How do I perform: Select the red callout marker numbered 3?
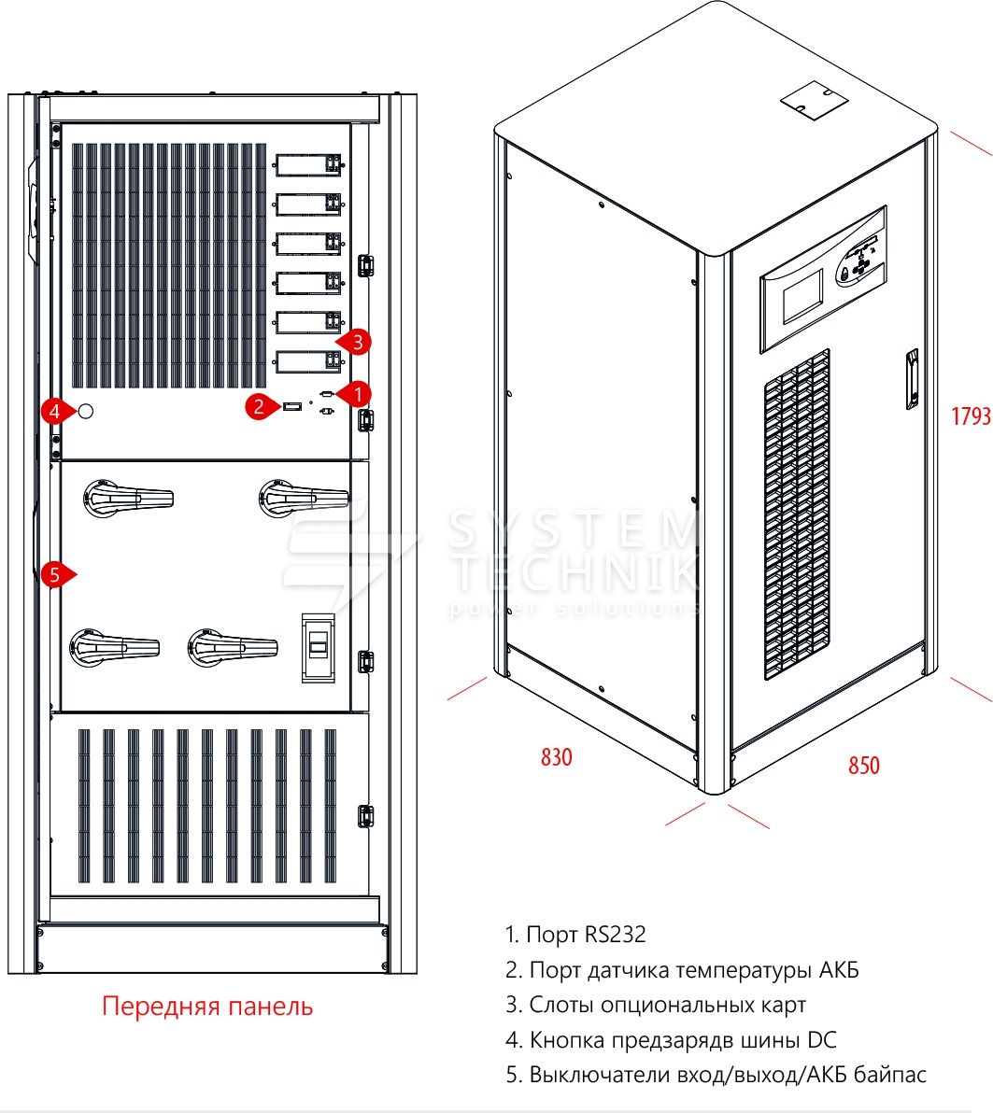357,343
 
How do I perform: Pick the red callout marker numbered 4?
55,410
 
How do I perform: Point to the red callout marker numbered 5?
55,574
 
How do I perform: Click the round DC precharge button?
86,411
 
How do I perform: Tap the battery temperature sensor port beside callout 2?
291,406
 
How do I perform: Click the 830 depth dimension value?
556,756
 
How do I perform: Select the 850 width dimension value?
863,765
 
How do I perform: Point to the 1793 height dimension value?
971,416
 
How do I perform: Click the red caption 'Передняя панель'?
207,1006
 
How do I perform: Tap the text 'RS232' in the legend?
615,934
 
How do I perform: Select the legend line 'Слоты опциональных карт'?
656,1005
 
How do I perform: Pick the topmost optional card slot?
308,165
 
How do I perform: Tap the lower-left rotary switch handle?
113,646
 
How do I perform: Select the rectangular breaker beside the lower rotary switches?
318,647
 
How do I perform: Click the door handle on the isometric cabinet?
911,378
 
